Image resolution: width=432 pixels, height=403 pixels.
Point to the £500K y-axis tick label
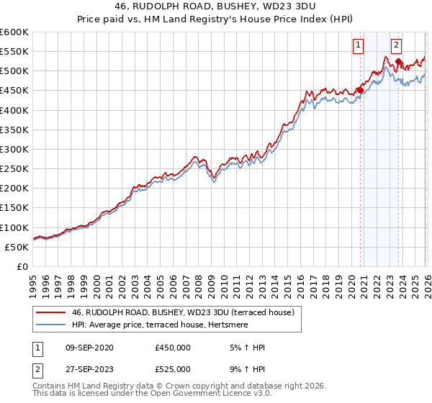click(14, 71)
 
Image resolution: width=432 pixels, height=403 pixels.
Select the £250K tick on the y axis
click(14, 169)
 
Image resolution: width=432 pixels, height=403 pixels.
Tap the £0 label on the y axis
click(23, 266)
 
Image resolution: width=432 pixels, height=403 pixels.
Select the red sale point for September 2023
click(398, 62)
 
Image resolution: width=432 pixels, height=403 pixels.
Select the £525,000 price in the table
click(173, 369)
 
